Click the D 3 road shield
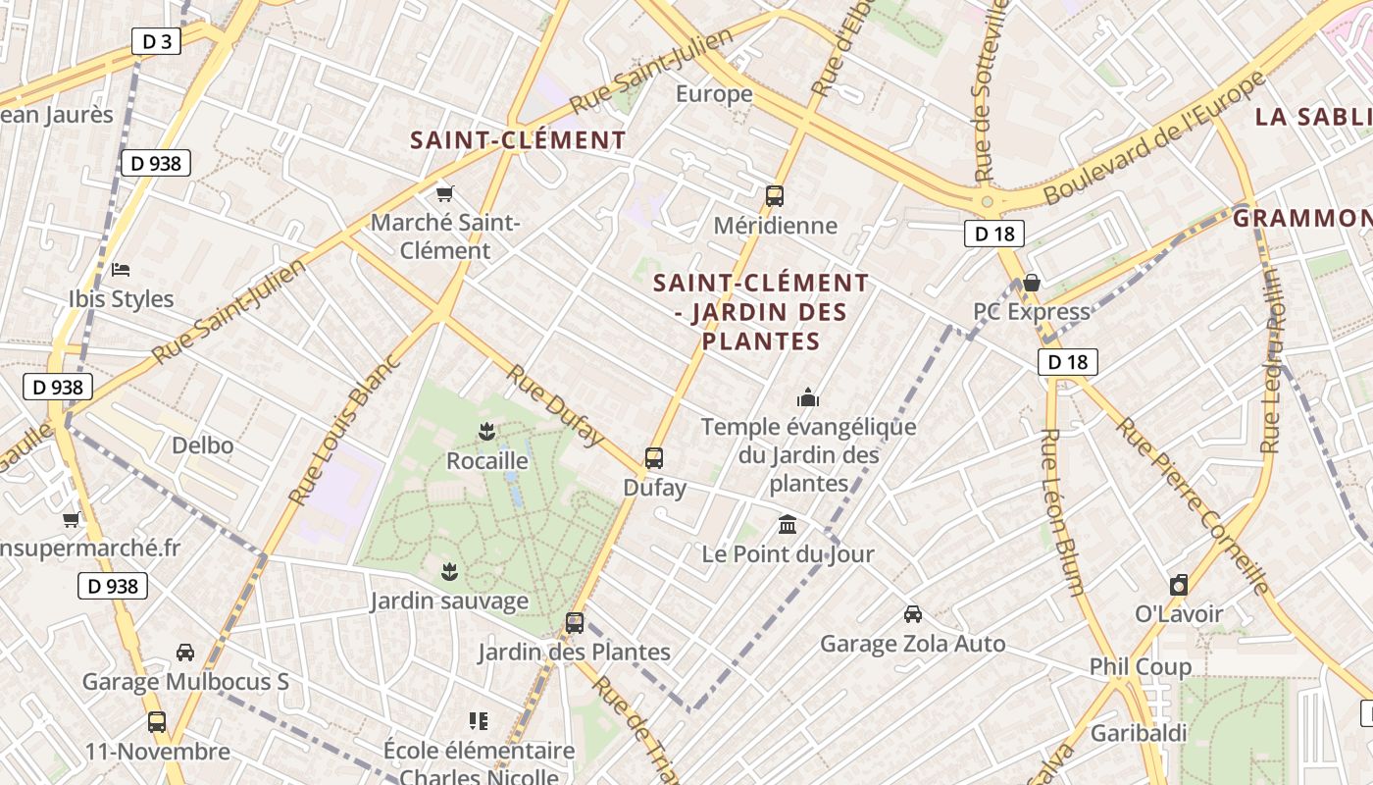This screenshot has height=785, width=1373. pyautogui.click(x=157, y=41)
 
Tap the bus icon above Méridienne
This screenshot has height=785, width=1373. pyautogui.click(x=775, y=195)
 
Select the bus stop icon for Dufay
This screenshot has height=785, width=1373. pyautogui.click(x=654, y=458)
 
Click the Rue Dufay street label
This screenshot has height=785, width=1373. pyautogui.click(x=555, y=404)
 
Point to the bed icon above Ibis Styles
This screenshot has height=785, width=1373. pyautogui.click(x=121, y=269)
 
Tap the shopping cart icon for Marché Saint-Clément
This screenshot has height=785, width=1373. pyautogui.click(x=445, y=193)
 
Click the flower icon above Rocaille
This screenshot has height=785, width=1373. pyautogui.click(x=484, y=430)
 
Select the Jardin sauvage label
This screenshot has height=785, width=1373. pyautogui.click(x=449, y=601)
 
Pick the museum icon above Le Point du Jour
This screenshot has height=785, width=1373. pyautogui.click(x=788, y=524)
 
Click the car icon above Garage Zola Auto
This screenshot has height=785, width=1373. pyautogui.click(x=913, y=614)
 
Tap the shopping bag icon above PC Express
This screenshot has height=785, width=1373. pyautogui.click(x=1032, y=283)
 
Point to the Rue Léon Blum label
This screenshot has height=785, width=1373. pyautogui.click(x=1061, y=511)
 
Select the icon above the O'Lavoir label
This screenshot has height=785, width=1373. pyautogui.click(x=1179, y=585)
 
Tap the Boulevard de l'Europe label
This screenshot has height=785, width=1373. pyautogui.click(x=1155, y=137)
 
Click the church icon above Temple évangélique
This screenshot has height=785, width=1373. pyautogui.click(x=808, y=397)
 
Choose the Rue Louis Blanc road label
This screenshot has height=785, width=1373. pyautogui.click(x=345, y=430)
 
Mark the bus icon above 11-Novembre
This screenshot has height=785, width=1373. pyautogui.click(x=157, y=722)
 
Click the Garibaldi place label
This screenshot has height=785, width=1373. pyautogui.click(x=1139, y=733)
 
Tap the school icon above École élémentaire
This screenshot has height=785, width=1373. pyautogui.click(x=479, y=722)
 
